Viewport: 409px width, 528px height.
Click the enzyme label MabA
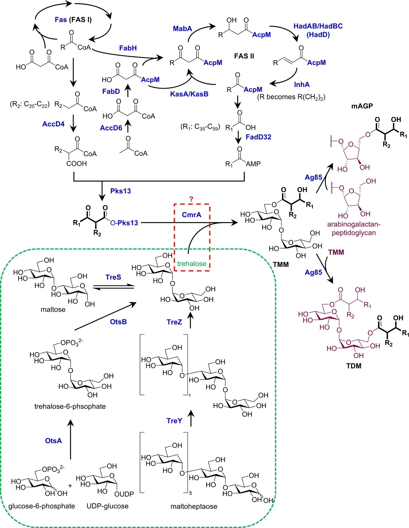pyautogui.click(x=182, y=29)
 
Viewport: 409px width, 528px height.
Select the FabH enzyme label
pyautogui.click(x=128, y=48)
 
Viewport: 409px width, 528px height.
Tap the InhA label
pyautogui.click(x=302, y=84)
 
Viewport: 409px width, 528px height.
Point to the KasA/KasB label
pyautogui.click(x=189, y=94)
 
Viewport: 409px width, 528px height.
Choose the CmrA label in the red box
pyautogui.click(x=191, y=215)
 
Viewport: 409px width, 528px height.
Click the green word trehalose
pyautogui.click(x=192, y=263)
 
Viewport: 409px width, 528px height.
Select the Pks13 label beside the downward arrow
pyautogui.click(x=120, y=191)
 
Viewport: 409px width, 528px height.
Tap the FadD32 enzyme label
pyautogui.click(x=258, y=137)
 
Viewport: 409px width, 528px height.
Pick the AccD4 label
pyautogui.click(x=53, y=124)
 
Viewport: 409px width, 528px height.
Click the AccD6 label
pyautogui.click(x=111, y=128)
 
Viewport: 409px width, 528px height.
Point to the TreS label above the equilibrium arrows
pyautogui.click(x=113, y=277)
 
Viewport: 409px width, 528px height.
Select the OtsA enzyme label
pyautogui.click(x=53, y=441)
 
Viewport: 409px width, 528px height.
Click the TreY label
pyautogui.click(x=174, y=421)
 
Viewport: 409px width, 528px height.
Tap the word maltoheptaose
pyautogui.click(x=194, y=506)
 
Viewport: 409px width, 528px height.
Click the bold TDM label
pyautogui.click(x=354, y=366)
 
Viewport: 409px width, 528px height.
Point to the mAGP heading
pyautogui.click(x=362, y=106)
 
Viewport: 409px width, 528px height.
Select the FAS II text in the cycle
pyautogui.click(x=244, y=56)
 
